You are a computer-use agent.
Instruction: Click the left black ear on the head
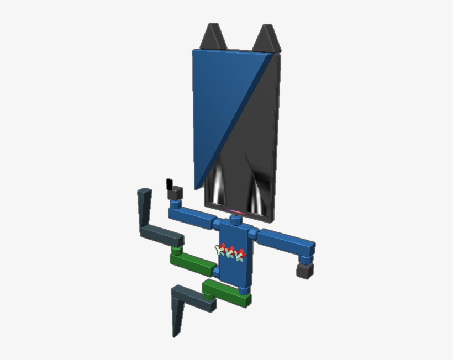coord(212,37)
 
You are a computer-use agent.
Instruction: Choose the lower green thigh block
coord(227,293)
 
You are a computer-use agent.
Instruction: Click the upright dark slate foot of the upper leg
coord(145,209)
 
